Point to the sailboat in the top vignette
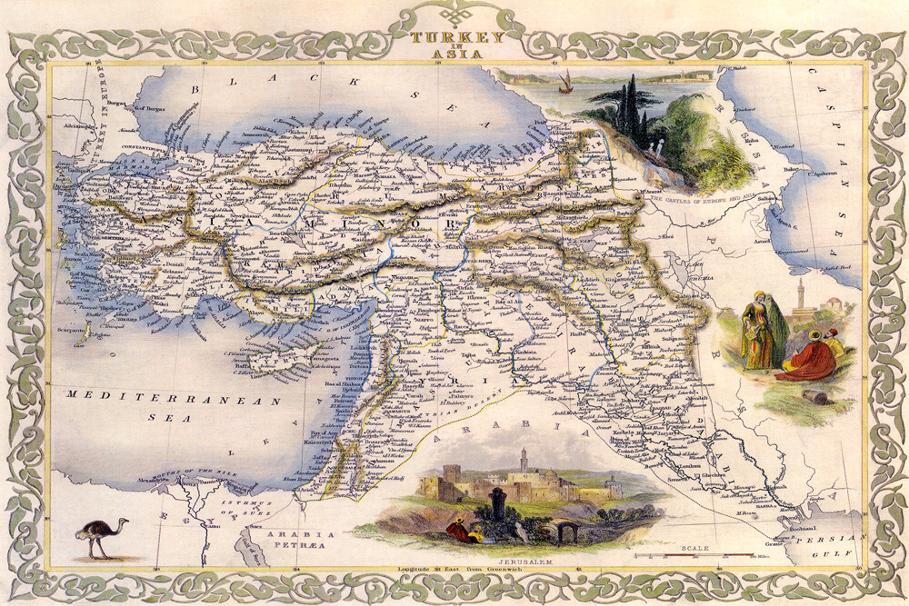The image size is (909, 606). [564, 84]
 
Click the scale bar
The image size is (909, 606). [694, 555]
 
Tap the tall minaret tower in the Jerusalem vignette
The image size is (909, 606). [524, 466]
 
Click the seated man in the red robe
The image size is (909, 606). [809, 360]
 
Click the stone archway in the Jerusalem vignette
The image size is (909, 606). [564, 531]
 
